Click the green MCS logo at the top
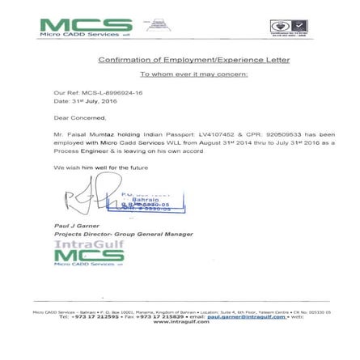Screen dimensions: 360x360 point(84,28)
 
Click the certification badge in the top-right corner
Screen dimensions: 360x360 point(289,28)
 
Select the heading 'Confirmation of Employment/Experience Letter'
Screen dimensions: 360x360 point(193,60)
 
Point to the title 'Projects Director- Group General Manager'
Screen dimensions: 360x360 point(122,234)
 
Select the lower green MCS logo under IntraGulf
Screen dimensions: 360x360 point(89,257)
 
